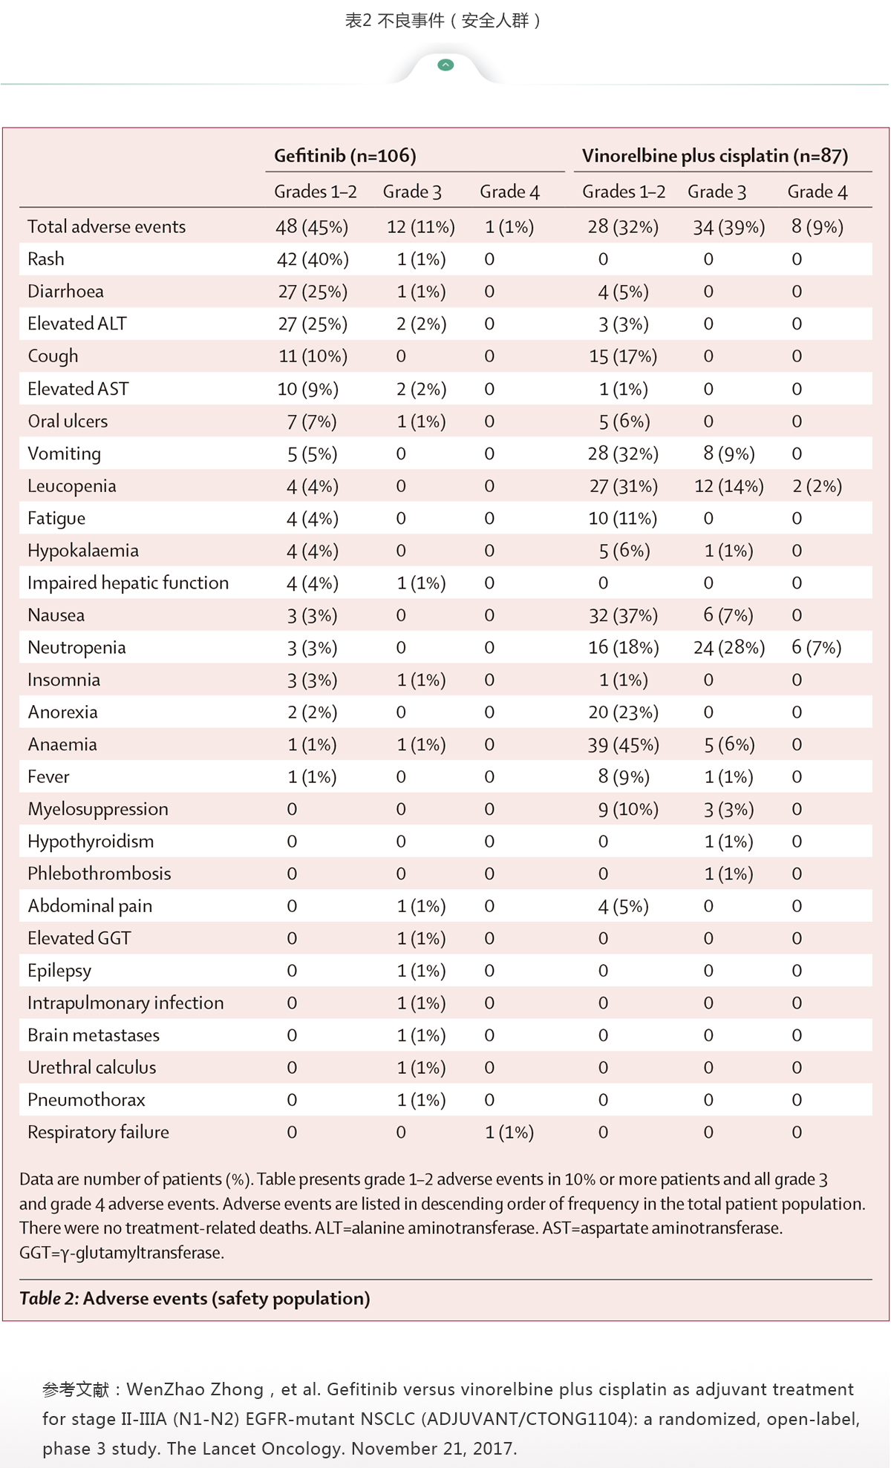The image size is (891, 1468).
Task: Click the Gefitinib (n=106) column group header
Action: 345,156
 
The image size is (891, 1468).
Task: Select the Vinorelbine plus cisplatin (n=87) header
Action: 715,156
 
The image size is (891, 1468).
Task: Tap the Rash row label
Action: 46,259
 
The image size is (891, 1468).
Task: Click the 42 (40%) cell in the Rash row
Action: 313,259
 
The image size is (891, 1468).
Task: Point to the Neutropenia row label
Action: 76,648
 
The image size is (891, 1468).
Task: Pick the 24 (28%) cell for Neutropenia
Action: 729,648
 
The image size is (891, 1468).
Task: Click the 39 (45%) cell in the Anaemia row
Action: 624,744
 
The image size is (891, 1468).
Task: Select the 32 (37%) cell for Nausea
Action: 624,615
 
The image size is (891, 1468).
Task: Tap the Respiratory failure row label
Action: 98,1133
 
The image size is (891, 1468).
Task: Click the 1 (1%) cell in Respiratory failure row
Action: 509,1133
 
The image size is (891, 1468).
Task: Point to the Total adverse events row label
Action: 107,227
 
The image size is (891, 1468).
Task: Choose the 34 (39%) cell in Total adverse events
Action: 729,227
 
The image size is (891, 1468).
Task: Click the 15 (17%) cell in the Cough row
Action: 624,356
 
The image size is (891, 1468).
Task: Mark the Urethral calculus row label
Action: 92,1067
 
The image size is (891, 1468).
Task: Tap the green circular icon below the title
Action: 446,65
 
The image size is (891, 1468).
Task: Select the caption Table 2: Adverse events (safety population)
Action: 195,1298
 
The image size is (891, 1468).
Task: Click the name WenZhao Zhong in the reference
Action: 195,1389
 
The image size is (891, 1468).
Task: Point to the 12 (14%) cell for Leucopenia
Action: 729,486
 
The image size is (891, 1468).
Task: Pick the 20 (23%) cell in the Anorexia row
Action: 624,712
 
